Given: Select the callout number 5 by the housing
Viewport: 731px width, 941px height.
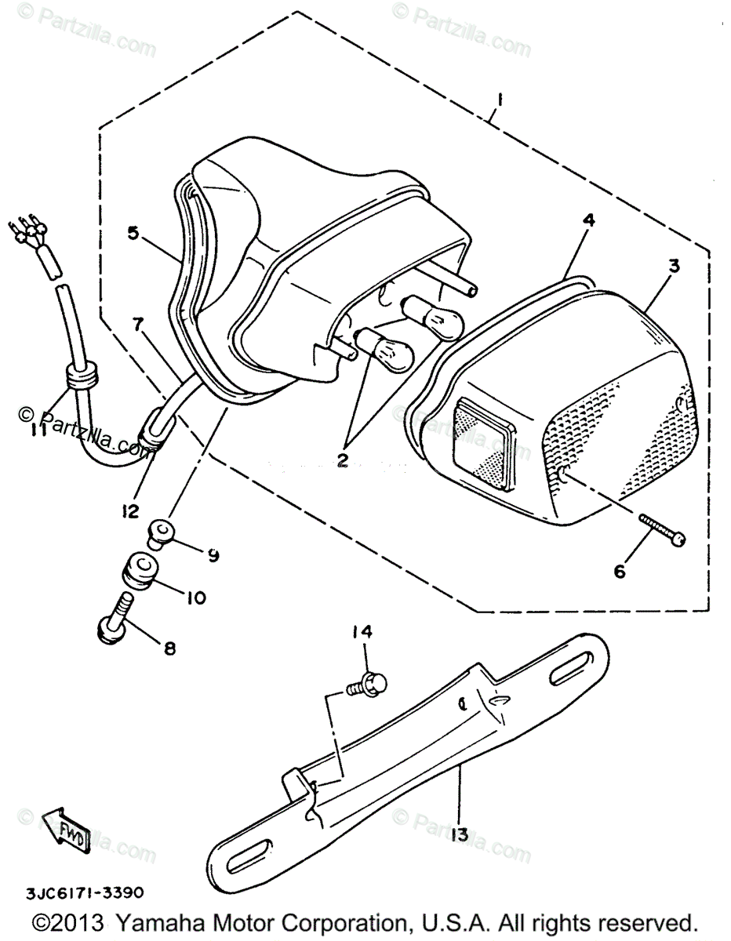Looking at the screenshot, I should tap(133, 232).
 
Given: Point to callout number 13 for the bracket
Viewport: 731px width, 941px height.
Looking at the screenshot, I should tap(460, 834).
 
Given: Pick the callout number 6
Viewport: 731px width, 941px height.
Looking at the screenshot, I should tap(620, 572).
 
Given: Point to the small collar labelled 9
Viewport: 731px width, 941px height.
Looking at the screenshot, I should tap(161, 535).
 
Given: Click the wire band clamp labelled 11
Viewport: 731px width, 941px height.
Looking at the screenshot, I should tap(80, 378).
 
